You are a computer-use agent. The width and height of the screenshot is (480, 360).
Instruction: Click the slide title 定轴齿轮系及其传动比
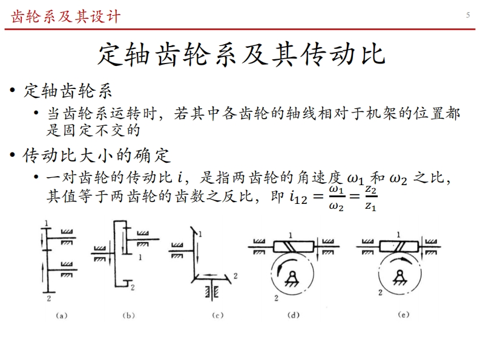point(240,53)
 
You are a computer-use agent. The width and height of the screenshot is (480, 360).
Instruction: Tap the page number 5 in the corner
point(468,15)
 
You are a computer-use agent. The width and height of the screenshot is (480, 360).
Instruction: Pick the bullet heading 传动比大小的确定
point(96,155)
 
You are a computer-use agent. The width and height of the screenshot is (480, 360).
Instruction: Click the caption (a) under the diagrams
point(61,315)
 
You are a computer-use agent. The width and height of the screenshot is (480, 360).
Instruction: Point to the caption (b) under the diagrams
point(128,315)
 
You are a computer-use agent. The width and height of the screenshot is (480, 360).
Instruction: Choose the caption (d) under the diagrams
point(294,315)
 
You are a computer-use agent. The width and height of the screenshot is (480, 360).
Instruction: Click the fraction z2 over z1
point(371,199)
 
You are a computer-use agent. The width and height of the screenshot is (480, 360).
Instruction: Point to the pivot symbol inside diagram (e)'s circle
point(400,278)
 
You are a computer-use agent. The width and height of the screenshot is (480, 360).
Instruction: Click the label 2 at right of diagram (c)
point(235,276)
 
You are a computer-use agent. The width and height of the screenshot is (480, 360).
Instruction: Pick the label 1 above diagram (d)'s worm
point(291,234)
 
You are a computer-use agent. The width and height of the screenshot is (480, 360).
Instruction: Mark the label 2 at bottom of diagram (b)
point(133,286)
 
